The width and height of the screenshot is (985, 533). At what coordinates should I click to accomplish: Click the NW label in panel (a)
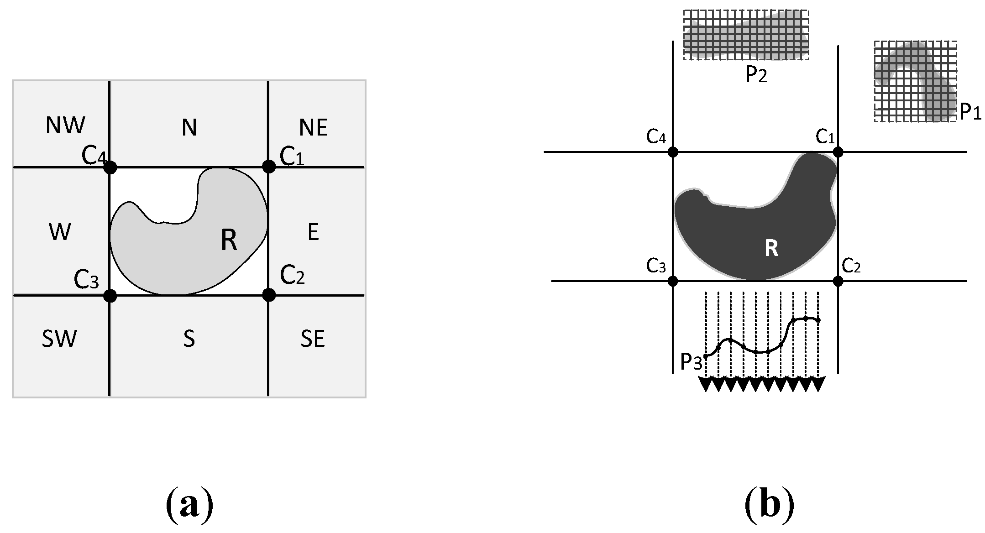tap(65, 125)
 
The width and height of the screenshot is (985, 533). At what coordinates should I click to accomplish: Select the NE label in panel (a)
tap(314, 128)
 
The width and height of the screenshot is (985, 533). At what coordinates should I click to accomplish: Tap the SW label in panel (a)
tap(59, 339)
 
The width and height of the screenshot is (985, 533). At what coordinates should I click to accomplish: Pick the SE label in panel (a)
tap(313, 339)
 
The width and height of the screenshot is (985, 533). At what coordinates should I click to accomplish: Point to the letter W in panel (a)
tap(60, 232)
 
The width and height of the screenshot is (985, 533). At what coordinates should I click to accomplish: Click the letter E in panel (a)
tap(313, 232)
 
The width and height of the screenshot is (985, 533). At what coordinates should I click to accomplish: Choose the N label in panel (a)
tap(189, 128)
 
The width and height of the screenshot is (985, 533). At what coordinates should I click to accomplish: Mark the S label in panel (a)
tap(189, 339)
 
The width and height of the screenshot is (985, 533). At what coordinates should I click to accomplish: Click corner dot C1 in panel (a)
tap(269, 167)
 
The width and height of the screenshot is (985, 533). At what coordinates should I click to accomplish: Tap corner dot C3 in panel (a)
tap(110, 296)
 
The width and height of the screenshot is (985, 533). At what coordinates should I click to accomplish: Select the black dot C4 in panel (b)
tap(673, 152)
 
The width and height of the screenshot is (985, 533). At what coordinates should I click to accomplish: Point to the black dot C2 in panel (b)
tap(838, 281)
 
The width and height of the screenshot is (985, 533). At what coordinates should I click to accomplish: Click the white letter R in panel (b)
tap(771, 249)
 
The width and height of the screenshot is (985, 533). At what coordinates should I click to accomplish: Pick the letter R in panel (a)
tap(229, 240)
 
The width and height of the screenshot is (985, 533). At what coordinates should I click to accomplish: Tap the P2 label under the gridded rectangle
tap(756, 75)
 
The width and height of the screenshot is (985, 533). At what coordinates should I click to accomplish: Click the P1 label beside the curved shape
tap(970, 112)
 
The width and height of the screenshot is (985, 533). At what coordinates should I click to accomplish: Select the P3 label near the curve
tap(691, 362)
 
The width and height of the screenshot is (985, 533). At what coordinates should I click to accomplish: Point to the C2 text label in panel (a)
tap(293, 275)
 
